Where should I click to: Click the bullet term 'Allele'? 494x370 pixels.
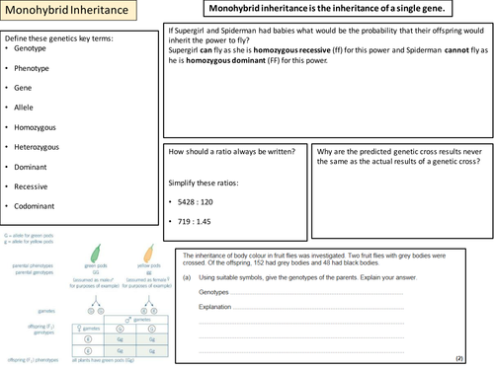click(x=26, y=106)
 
